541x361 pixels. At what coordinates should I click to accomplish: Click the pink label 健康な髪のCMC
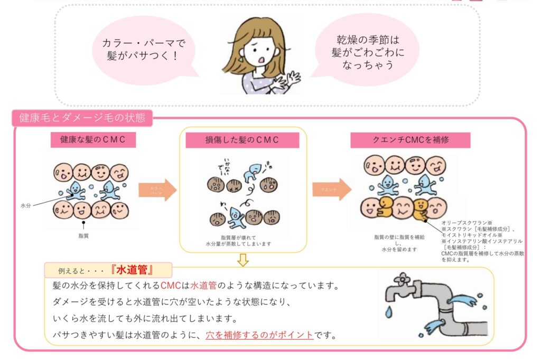click(94, 140)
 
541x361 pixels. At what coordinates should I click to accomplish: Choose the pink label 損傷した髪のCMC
click(242, 140)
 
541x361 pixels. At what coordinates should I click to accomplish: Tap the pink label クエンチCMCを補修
click(410, 140)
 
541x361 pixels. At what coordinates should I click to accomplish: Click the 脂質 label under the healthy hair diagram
click(83, 236)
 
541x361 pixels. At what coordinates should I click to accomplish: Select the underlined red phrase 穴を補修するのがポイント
click(259, 335)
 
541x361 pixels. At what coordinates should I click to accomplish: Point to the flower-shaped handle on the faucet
click(404, 278)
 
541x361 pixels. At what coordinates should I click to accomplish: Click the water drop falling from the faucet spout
click(389, 312)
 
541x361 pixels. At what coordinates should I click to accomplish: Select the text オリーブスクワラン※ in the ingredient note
click(468, 223)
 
